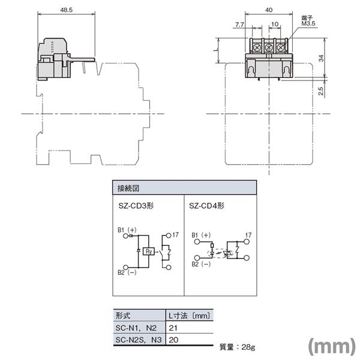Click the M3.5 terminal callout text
pos(309,23)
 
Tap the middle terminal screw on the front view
pos(268,47)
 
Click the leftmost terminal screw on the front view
pos(257,47)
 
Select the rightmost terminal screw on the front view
pos(280,47)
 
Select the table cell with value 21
pos(173,328)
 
